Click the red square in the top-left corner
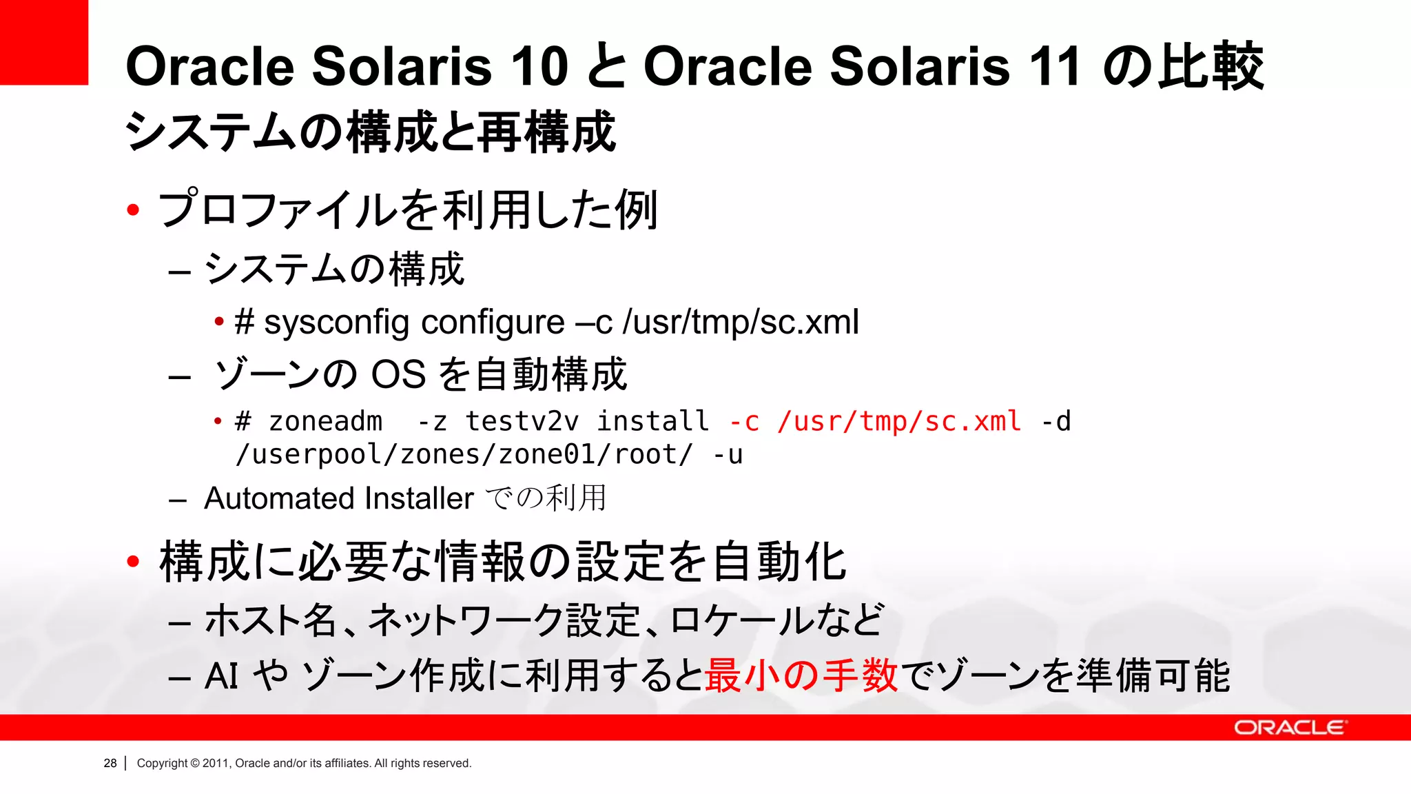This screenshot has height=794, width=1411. pos(43,41)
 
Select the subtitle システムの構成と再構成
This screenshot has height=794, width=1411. pos(370,132)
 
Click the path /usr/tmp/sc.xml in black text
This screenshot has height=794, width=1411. pos(741,323)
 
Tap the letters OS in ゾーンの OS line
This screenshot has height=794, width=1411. pos(398,375)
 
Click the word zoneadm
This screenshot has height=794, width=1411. pos(325,421)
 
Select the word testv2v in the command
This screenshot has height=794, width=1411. pos(522,421)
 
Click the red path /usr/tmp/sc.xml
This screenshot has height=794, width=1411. pos(899,421)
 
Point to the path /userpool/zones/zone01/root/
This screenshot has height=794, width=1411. pos(464,455)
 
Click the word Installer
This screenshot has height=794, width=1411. pos(420,498)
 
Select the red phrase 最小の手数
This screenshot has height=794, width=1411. pos(801,675)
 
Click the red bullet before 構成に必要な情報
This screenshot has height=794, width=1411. pos(134,562)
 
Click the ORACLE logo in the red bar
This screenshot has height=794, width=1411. pos(1289,728)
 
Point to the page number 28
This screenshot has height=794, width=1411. pos(110,763)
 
